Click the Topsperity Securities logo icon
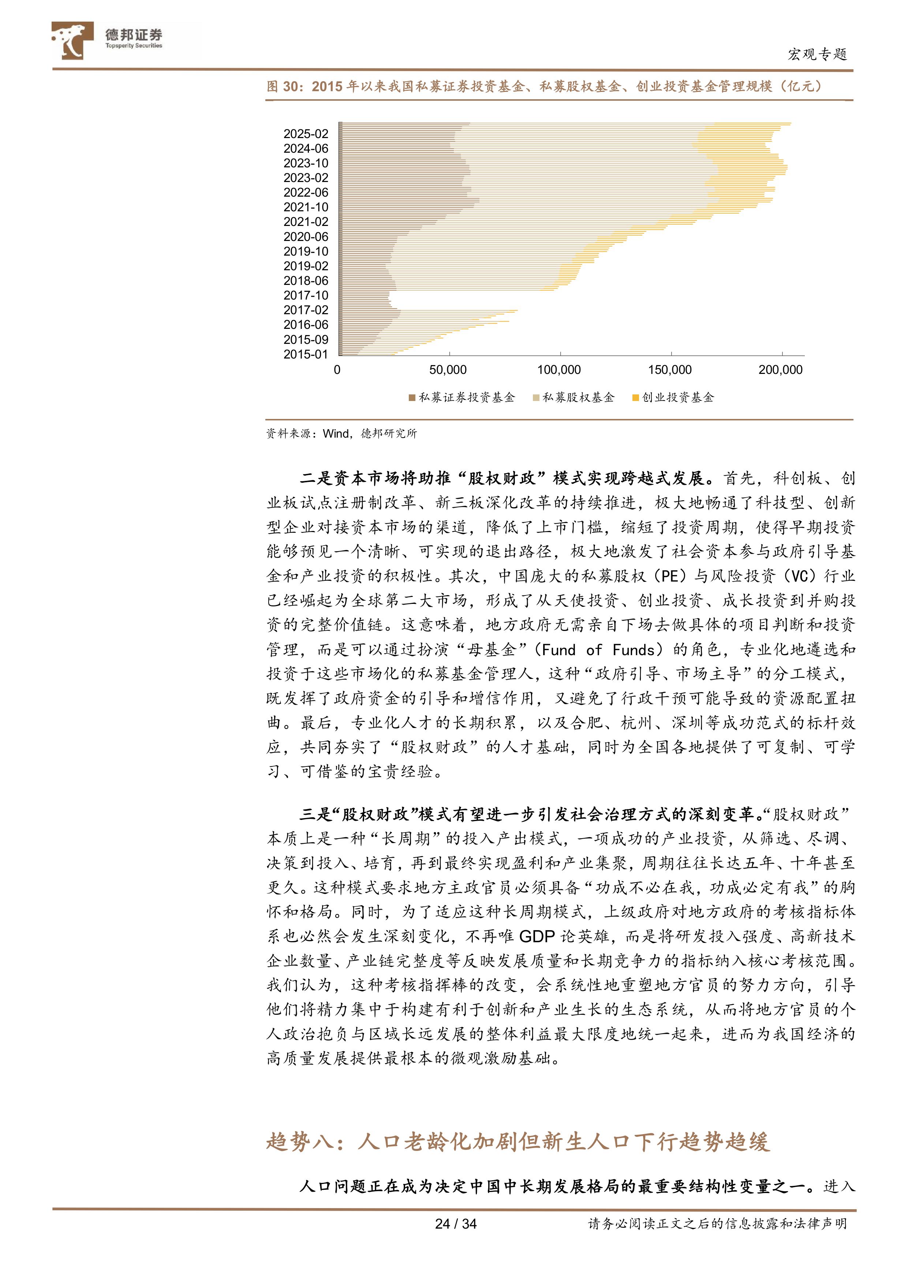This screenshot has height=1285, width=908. click(x=72, y=40)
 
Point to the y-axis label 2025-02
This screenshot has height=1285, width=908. click(x=306, y=134)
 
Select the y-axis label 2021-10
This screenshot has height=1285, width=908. click(x=306, y=207)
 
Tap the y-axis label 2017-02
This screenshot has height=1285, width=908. click(x=306, y=310)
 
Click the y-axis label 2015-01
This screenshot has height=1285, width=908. click(x=306, y=354)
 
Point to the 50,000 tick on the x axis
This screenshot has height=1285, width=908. click(x=448, y=370)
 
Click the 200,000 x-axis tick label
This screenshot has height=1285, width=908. click(x=780, y=370)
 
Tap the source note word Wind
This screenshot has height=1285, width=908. click(x=336, y=433)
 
